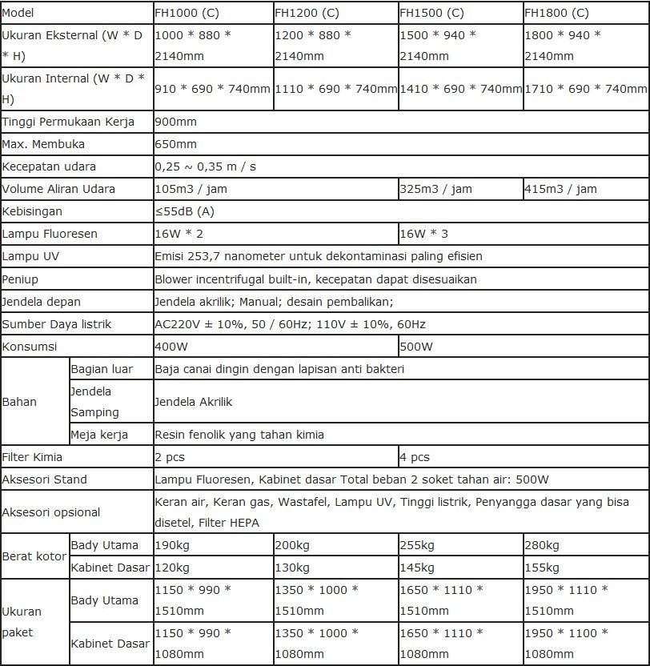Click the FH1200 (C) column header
(307, 13)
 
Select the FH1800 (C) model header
(556, 13)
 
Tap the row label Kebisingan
(32, 211)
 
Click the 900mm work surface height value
(175, 122)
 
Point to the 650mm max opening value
(175, 144)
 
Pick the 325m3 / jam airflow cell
(435, 189)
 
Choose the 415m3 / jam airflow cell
(560, 189)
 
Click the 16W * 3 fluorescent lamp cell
(423, 234)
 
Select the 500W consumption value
(416, 347)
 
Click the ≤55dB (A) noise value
(185, 211)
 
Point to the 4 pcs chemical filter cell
(415, 457)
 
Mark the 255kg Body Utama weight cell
(416, 545)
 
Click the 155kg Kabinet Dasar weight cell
(541, 568)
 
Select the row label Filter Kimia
(33, 457)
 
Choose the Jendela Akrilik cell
(193, 402)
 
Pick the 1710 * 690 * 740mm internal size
(586, 89)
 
